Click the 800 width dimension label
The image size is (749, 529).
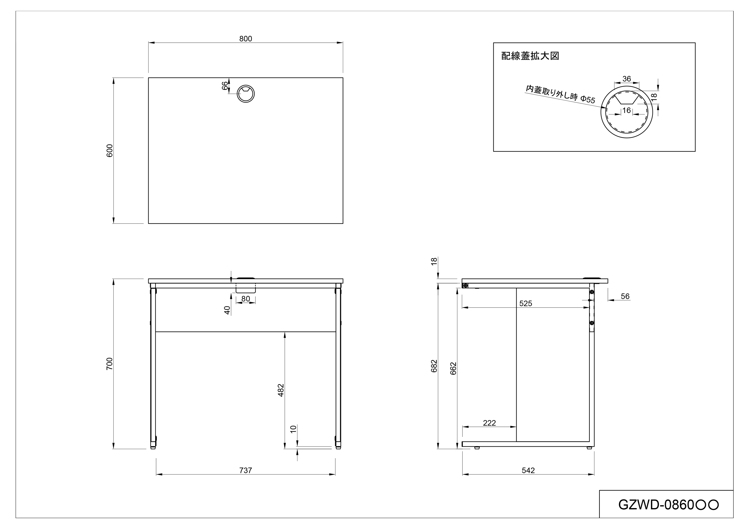[x=245, y=39]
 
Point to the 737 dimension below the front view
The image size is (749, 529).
[x=245, y=470]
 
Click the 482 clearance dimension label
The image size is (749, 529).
[x=281, y=390]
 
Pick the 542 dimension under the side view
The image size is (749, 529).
[x=528, y=470]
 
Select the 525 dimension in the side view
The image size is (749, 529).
[x=525, y=303]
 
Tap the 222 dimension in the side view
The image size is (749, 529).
[x=489, y=423]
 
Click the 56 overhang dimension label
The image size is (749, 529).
[x=625, y=296]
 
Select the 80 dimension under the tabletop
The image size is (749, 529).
[x=245, y=299]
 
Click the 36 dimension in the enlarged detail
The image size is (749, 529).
[x=626, y=79]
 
